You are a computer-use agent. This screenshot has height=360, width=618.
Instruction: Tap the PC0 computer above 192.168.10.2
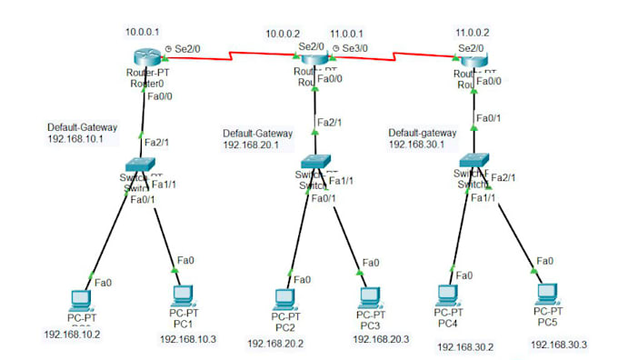pyautogui.click(x=80, y=298)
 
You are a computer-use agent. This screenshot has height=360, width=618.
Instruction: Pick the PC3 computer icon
pyautogui.click(x=368, y=296)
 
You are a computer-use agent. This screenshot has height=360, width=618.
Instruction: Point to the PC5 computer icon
pyautogui.click(x=546, y=293)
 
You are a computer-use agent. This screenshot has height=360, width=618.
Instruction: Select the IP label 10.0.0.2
pyautogui.click(x=282, y=34)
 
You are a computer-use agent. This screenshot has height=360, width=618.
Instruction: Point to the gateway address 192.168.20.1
pyautogui.click(x=250, y=144)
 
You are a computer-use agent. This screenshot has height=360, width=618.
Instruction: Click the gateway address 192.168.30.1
pyautogui.click(x=416, y=144)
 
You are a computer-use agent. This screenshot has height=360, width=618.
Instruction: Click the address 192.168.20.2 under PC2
pyautogui.click(x=275, y=343)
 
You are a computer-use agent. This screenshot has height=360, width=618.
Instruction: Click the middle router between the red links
pyautogui.click(x=313, y=60)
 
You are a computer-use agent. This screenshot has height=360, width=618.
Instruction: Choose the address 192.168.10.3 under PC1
pyautogui.click(x=188, y=338)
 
